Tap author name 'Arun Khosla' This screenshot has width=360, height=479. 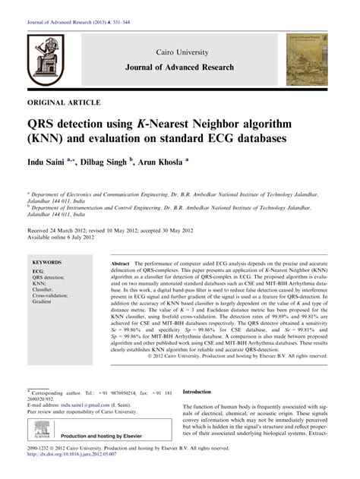(162, 162)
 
